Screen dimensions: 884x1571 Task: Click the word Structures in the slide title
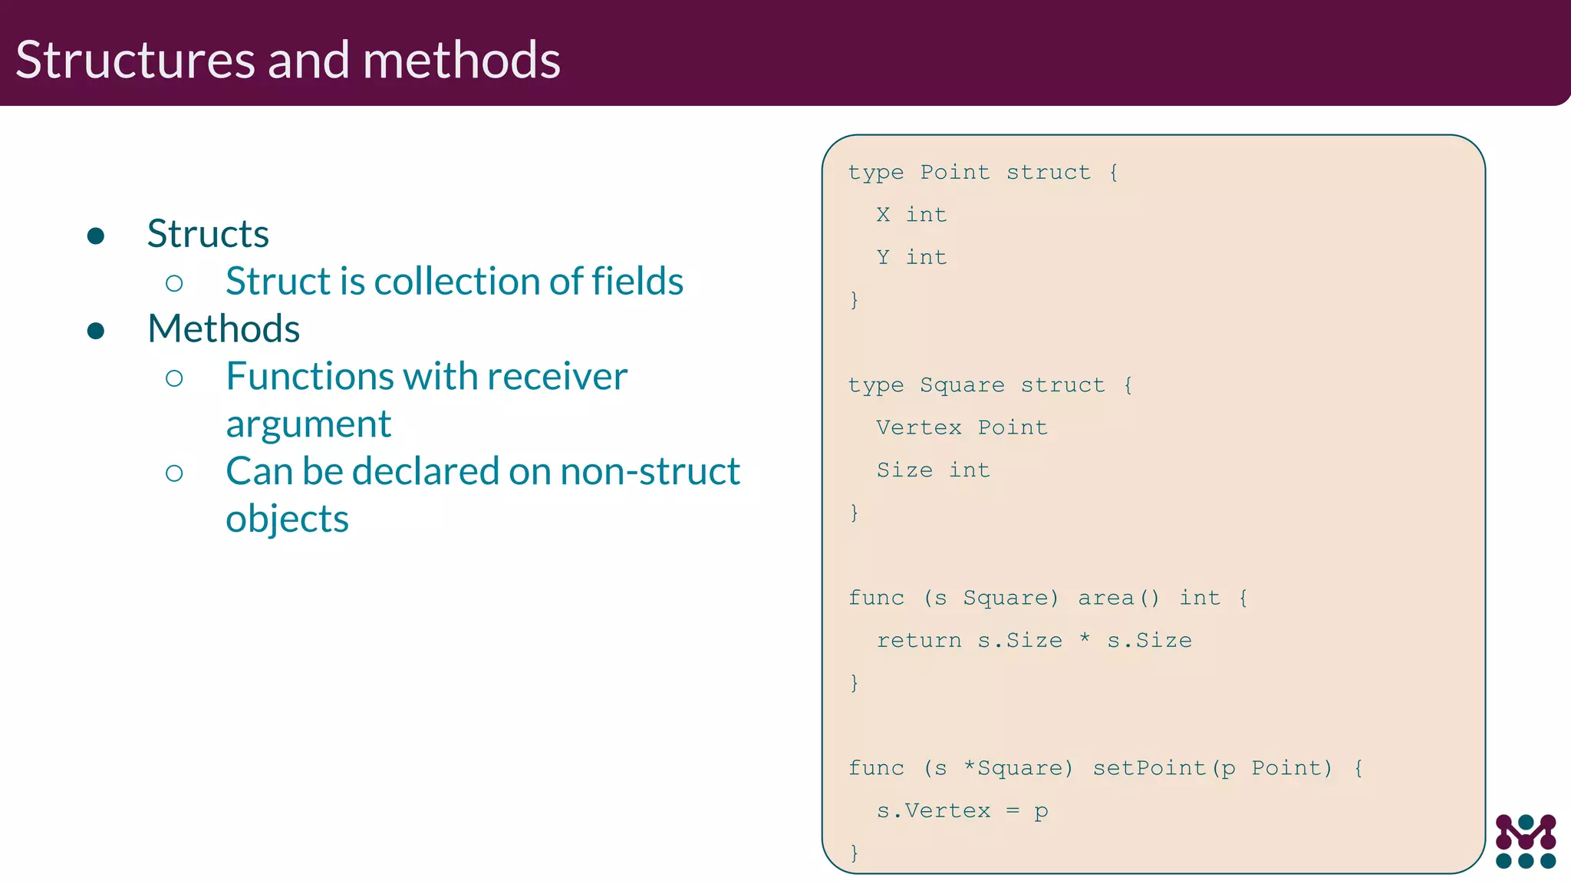(135, 60)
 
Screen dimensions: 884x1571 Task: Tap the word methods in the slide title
(461, 60)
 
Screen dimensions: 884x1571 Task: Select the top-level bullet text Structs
(208, 233)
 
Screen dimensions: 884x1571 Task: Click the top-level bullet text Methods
(223, 328)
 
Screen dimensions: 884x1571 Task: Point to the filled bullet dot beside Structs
(96, 236)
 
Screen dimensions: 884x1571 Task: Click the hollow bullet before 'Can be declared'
(174, 473)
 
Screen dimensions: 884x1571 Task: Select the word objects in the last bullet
(287, 520)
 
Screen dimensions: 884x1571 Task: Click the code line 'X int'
(911, 215)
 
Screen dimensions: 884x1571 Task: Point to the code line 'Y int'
(911, 257)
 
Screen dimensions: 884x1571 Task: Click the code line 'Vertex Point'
(962, 427)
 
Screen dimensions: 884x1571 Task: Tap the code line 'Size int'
(933, 470)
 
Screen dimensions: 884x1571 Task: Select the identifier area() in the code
(1118, 598)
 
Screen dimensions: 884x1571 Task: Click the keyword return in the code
(918, 640)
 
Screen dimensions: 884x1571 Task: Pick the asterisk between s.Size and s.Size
(1085, 639)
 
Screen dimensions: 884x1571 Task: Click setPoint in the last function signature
(1149, 768)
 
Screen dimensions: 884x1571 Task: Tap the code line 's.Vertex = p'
(962, 810)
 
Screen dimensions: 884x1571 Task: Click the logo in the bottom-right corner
(1526, 841)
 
